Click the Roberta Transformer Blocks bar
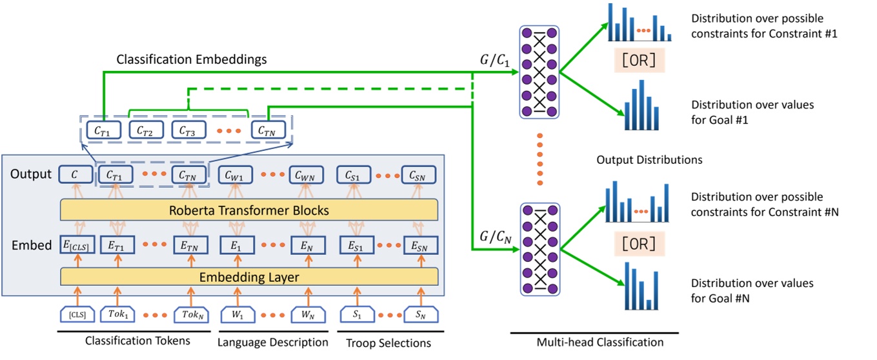coord(248,210)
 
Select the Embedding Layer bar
coord(248,277)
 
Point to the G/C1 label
coord(492,63)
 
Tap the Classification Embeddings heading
coord(192,59)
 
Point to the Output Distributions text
coord(649,159)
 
